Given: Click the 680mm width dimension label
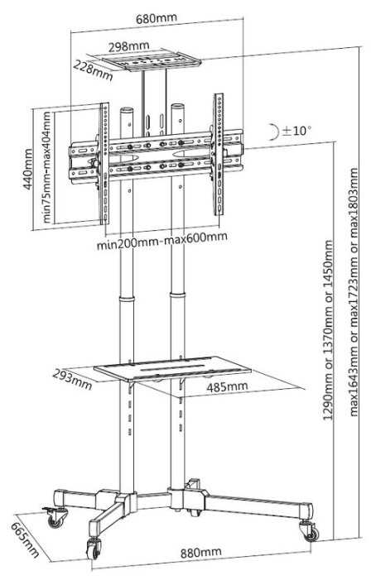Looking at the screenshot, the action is (x=157, y=18).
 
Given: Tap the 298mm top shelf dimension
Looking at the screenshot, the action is (x=129, y=46).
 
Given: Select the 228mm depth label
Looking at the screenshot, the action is (x=93, y=70).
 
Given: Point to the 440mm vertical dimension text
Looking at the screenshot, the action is (x=27, y=169).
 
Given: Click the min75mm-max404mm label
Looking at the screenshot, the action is (x=46, y=167).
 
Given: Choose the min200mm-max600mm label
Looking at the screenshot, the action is (x=161, y=241).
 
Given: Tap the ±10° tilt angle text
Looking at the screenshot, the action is (x=296, y=130).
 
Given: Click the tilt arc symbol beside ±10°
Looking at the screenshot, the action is (x=274, y=132).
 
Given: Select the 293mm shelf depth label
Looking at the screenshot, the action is (x=72, y=380).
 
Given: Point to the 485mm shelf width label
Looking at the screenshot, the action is (x=227, y=387).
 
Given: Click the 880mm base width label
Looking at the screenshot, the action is (x=201, y=553).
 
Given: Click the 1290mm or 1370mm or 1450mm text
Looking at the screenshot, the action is (x=328, y=330).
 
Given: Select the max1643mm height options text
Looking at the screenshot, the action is (x=354, y=292).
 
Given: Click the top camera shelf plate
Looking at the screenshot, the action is (x=152, y=60).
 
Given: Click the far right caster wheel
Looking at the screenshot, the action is (x=311, y=533).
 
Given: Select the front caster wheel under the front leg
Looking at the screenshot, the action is (x=94, y=548).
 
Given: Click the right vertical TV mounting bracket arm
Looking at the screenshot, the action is (x=219, y=154).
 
